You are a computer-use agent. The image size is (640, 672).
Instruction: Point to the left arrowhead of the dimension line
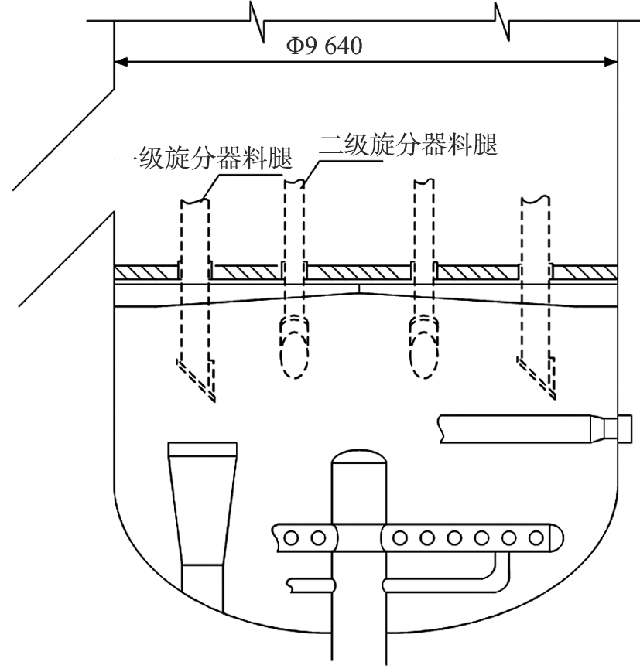tap(122, 61)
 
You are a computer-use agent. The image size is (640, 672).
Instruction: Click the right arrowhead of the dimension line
tap(610, 61)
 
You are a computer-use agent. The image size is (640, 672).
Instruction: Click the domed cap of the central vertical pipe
tap(358, 458)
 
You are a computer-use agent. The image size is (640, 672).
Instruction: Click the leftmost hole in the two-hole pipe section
tap(292, 536)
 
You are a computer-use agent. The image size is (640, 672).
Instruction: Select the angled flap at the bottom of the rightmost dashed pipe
tap(537, 378)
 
